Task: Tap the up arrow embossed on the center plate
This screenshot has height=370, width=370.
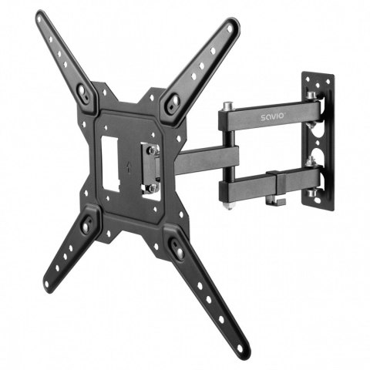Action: (x=128, y=163)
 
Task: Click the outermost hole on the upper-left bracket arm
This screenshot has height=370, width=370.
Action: (x=45, y=23)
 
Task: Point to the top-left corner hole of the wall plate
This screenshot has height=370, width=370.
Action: (x=307, y=78)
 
